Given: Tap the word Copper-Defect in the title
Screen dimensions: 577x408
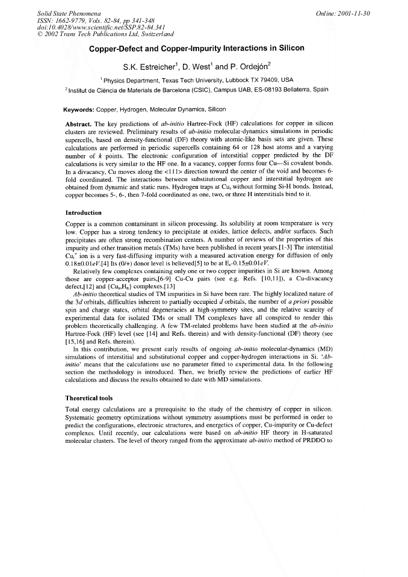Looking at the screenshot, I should (x=120, y=48).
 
